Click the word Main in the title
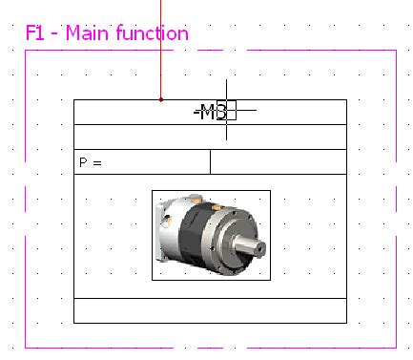(x=85, y=33)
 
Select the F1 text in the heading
(x=36, y=33)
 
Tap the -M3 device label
(x=210, y=112)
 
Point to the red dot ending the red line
(x=161, y=98)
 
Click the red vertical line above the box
(x=161, y=48)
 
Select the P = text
(x=91, y=163)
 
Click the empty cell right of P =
(x=278, y=162)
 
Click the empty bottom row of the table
(x=210, y=311)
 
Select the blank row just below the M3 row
(x=210, y=137)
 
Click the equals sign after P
(x=96, y=163)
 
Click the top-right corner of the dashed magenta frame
(x=395, y=52)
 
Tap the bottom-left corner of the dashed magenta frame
(x=25, y=347)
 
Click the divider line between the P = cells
(x=210, y=162)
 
